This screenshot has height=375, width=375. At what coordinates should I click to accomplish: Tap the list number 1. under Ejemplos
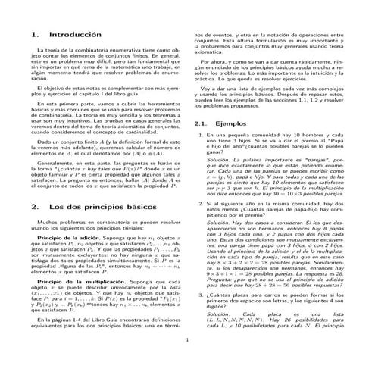(x=201, y=134)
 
